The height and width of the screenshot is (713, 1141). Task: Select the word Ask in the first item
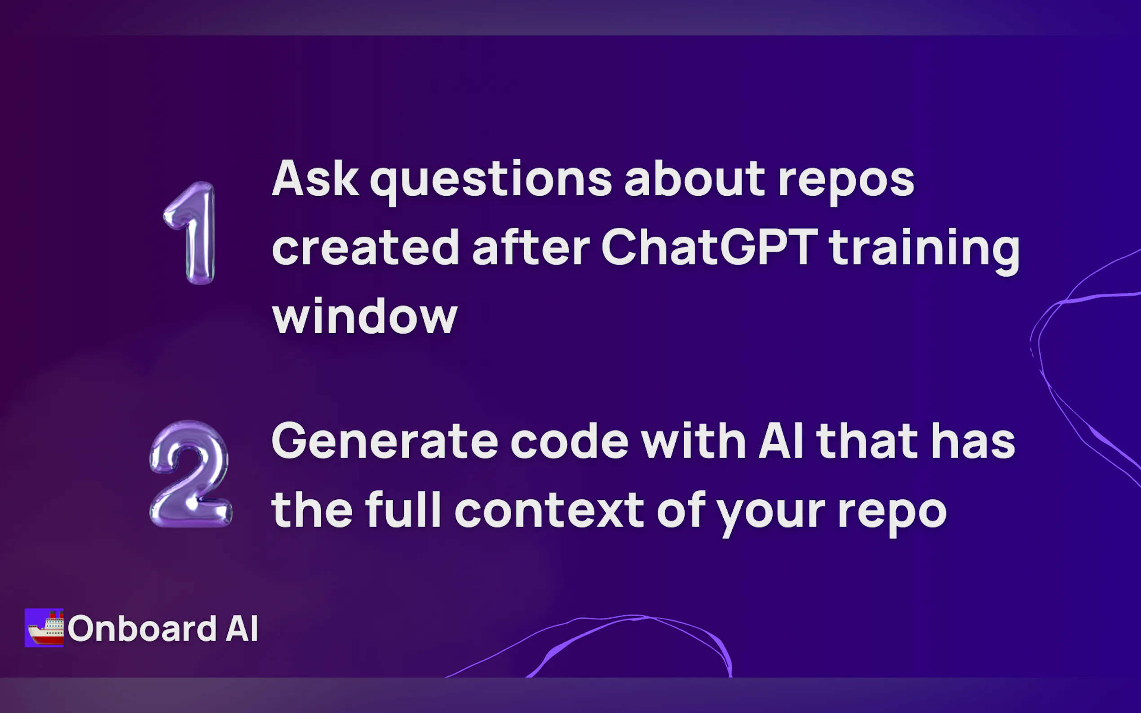(x=315, y=178)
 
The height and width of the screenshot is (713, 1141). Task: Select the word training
(x=924, y=251)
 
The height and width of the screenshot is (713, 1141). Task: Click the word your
(x=771, y=514)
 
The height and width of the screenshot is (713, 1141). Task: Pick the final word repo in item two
(x=892, y=514)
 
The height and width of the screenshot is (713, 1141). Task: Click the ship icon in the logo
(x=44, y=628)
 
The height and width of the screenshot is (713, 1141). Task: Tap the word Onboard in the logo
(x=142, y=628)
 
